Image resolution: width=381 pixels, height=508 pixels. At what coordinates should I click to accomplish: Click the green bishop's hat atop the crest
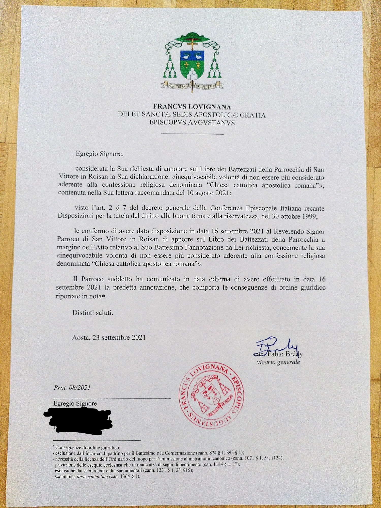(192, 37)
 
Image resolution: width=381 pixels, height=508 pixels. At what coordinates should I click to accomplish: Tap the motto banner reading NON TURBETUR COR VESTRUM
(192, 86)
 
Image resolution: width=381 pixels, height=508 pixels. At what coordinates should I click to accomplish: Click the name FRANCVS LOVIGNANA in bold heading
(192, 107)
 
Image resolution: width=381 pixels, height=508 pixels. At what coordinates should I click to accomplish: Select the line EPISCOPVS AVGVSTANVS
(192, 123)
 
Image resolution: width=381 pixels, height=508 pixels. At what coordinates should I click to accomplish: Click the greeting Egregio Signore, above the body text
(100, 154)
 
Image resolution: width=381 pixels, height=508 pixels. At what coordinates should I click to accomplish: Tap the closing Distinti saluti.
(93, 313)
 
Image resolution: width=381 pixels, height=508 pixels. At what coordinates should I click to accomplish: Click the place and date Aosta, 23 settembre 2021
(109, 338)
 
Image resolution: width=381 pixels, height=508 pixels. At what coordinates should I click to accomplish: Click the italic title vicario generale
(278, 362)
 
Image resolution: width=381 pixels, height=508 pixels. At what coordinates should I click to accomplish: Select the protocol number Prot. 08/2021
(72, 388)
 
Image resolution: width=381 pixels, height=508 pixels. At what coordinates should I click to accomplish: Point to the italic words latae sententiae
(92, 477)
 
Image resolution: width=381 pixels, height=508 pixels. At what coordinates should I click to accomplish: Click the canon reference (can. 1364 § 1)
(124, 477)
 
